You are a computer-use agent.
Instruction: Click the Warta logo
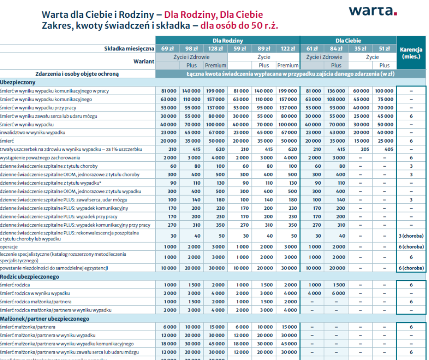(x=372, y=11)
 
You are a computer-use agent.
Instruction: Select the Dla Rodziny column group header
(x=228, y=41)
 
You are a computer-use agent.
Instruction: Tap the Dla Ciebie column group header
(x=348, y=41)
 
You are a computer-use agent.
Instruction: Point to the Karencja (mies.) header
(x=411, y=53)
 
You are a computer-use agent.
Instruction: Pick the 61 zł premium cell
(x=312, y=48)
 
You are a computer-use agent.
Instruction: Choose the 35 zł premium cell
(x=361, y=48)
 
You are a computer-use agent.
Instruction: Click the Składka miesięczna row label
(x=130, y=48)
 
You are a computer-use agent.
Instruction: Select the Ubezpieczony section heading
(x=18, y=82)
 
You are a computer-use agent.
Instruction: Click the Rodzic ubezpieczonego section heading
(x=29, y=276)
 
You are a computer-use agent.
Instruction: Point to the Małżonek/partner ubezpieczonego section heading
(x=45, y=318)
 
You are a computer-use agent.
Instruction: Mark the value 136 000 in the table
(x=337, y=91)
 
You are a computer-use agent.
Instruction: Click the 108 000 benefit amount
(x=337, y=99)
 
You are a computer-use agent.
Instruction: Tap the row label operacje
(x=10, y=247)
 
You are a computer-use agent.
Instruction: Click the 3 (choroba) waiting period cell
(x=411, y=236)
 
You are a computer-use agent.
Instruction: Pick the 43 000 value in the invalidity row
(x=337, y=132)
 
